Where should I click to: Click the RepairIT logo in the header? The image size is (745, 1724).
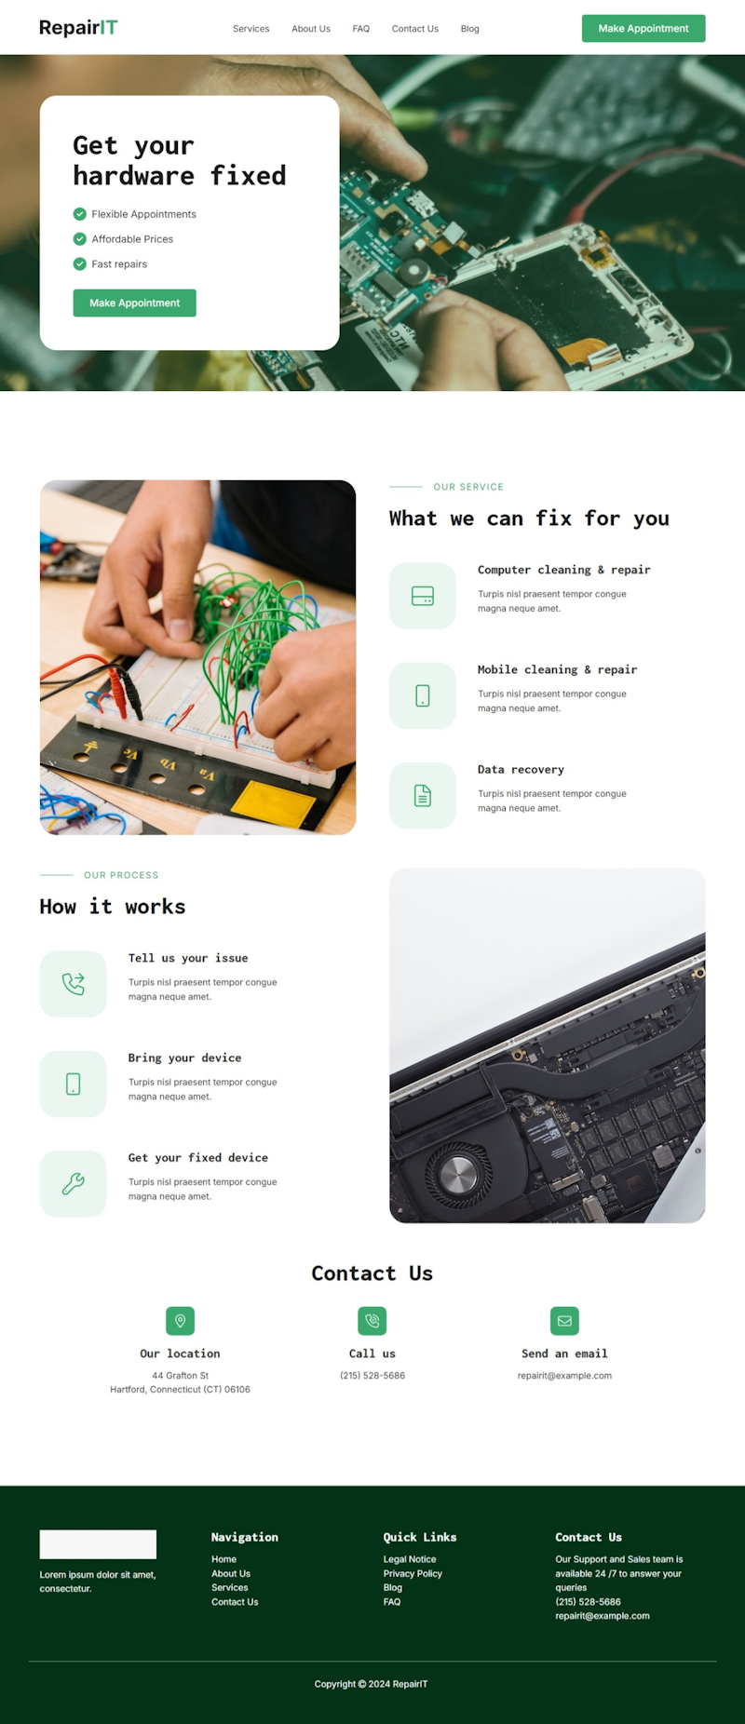point(78,28)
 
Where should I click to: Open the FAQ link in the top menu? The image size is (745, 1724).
point(361,29)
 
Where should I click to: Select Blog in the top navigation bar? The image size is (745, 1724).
point(470,29)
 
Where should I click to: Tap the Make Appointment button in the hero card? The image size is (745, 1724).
point(135,303)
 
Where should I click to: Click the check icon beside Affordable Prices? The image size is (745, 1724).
point(80,239)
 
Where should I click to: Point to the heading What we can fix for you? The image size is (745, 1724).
point(529,519)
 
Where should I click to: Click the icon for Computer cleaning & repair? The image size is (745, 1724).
point(423,596)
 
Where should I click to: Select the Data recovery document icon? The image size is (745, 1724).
point(423,796)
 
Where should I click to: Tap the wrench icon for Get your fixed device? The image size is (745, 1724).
point(74,1184)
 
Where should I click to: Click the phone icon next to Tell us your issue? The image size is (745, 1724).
point(74,984)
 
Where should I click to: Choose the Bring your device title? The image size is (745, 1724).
point(184,1057)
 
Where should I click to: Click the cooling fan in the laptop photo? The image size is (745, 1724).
point(458,1175)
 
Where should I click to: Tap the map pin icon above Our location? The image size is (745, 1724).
point(181,1321)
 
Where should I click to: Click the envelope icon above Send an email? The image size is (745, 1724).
point(564,1321)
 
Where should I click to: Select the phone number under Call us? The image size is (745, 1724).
point(372,1376)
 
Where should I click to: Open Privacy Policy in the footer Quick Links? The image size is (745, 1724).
point(413,1574)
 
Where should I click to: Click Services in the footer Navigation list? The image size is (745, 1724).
point(230,1588)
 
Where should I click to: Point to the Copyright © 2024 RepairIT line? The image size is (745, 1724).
point(372,1684)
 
